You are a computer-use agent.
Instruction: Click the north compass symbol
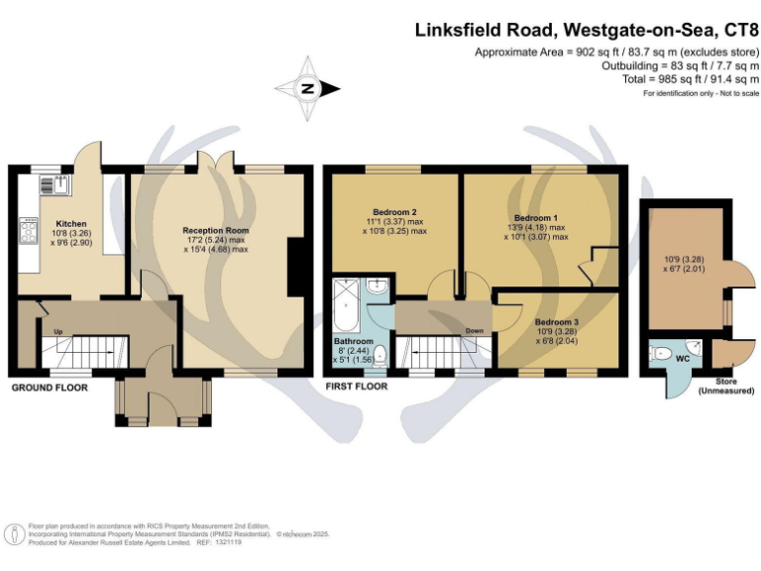[307, 89]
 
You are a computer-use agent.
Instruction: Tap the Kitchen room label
[70, 224]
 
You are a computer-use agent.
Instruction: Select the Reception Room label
[215, 230]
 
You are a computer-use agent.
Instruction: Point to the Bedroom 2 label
[393, 212]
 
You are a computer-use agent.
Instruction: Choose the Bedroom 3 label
[555, 322]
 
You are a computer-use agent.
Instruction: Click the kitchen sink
[54, 184]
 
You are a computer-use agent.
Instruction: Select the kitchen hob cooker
[27, 233]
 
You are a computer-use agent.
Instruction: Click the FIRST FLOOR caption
[356, 386]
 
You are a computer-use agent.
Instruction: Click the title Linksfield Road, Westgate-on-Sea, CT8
[587, 31]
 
